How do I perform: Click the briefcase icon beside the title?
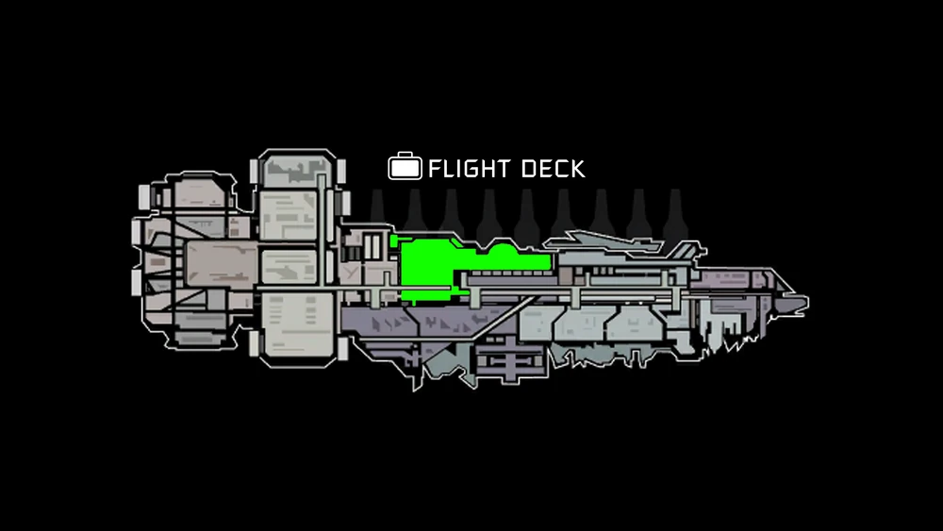(x=404, y=168)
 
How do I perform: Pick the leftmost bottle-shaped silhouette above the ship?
(x=377, y=213)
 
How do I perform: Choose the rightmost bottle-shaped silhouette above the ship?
(x=673, y=213)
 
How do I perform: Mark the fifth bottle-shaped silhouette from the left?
(x=526, y=213)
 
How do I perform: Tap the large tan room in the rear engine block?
(x=219, y=264)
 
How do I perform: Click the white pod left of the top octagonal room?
(x=254, y=171)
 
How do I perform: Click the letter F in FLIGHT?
(x=435, y=169)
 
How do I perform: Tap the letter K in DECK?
(x=577, y=169)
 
